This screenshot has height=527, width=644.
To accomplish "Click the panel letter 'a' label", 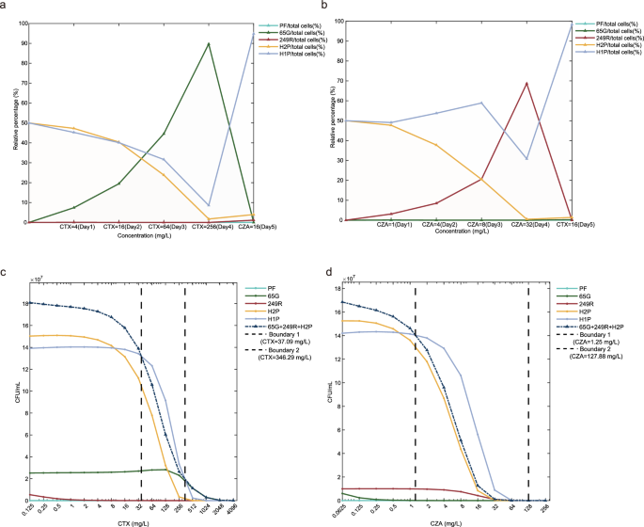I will point(5,7).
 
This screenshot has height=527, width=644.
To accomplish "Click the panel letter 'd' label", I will point(330,274).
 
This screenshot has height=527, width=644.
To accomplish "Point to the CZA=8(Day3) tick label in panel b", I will point(481,228).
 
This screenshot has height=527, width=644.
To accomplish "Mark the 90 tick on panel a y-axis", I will point(23,43).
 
